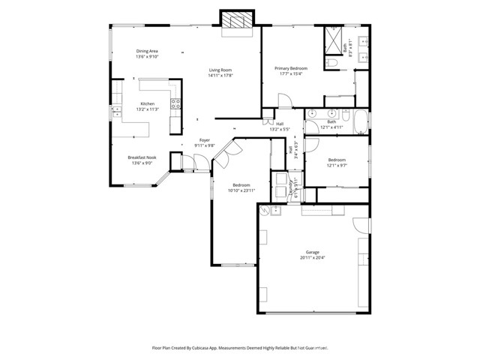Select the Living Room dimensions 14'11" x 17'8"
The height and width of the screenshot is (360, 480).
point(220,75)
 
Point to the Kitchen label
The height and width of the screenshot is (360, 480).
point(148,104)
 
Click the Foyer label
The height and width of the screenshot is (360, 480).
point(204,140)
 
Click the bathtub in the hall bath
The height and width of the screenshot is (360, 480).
point(360,121)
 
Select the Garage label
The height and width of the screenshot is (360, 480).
point(312,252)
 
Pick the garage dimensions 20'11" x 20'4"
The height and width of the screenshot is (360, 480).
point(312,258)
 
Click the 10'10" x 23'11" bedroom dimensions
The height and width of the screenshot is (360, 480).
point(241,190)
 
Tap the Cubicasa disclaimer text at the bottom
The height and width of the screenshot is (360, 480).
point(240,348)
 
